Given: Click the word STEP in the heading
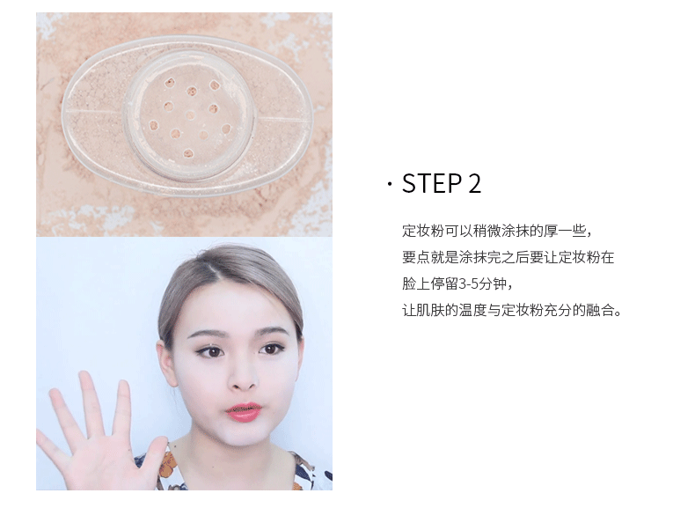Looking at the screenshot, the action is click(431, 184).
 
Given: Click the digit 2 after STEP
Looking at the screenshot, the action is click(474, 184).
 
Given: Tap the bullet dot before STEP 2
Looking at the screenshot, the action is click(390, 184).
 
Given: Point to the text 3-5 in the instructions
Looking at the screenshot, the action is click(468, 283).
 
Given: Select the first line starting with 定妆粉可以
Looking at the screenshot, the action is click(497, 232).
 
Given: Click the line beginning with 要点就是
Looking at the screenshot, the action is click(508, 257).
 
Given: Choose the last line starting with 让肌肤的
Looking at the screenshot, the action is click(511, 310).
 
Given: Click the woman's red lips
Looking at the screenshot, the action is click(244, 412).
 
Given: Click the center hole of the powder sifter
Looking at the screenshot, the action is click(190, 115).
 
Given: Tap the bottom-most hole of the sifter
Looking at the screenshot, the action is click(188, 154).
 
